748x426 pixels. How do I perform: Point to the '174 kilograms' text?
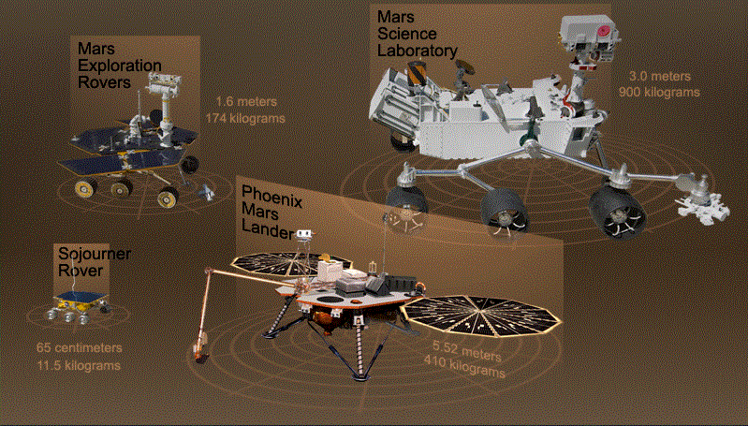point(244,118)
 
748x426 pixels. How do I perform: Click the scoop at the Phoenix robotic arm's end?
point(199,347)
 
